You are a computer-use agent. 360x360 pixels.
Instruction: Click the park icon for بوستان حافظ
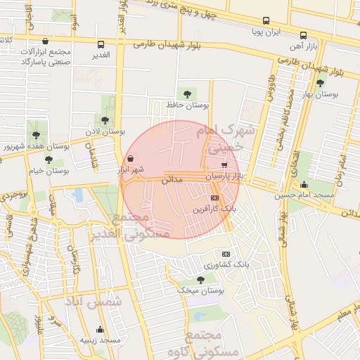tap(187, 93)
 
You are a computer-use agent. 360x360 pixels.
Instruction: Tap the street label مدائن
tap(172, 180)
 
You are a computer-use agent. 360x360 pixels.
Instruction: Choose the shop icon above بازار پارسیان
tap(224, 165)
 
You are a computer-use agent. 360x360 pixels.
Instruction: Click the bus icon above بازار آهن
tap(304, 35)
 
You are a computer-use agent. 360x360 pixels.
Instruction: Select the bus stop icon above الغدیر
tap(101, 43)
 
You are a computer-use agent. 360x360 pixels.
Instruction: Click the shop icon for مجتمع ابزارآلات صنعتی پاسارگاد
tap(46, 41)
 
